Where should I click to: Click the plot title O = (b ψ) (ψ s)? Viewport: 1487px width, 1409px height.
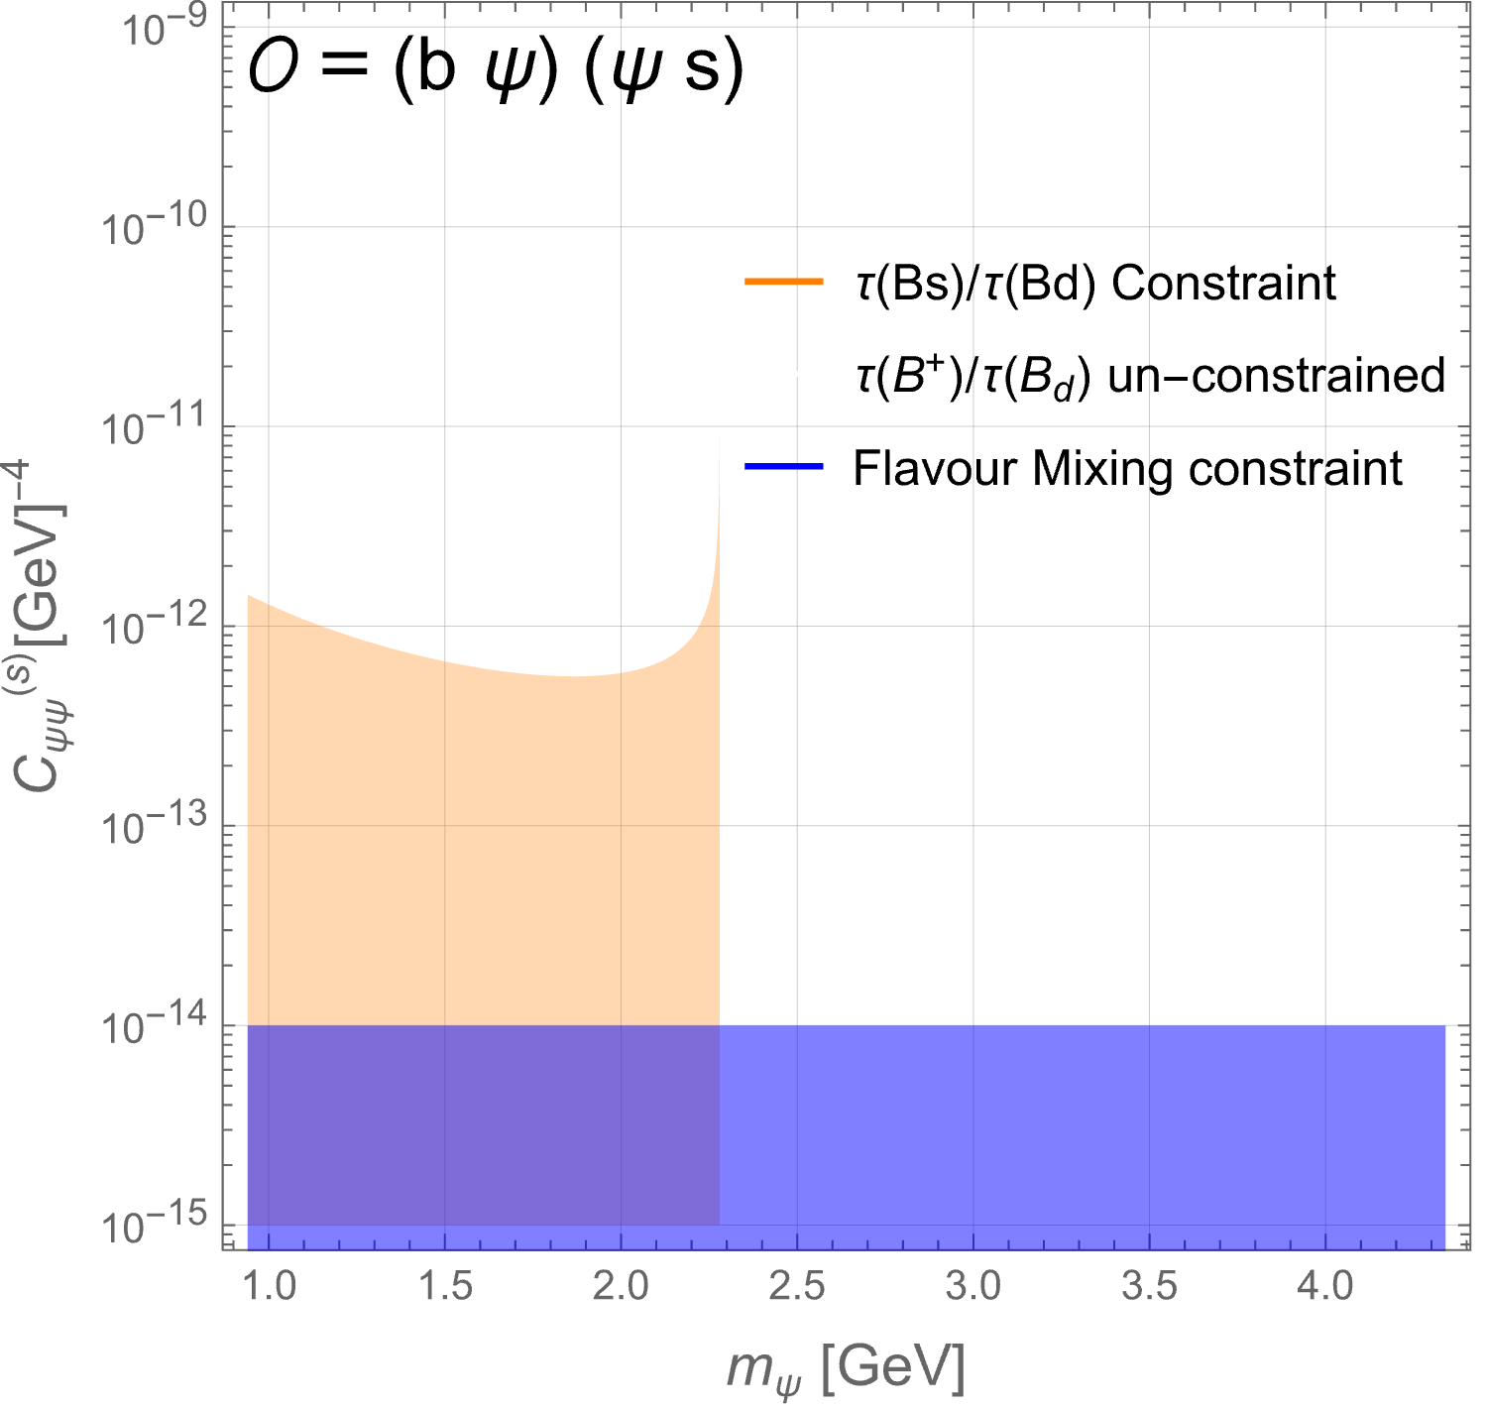pos(497,68)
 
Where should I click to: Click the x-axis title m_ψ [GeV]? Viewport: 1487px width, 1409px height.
pos(846,1369)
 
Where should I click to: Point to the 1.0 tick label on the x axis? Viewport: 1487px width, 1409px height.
pos(270,1286)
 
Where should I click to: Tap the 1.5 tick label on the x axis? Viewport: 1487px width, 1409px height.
pos(445,1286)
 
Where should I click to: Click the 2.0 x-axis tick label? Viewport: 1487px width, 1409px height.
pos(621,1286)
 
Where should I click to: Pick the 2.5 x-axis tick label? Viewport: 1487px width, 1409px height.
pos(797,1286)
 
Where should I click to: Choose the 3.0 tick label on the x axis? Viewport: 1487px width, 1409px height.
pos(974,1286)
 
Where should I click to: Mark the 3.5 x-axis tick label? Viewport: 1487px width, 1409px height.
pos(1150,1286)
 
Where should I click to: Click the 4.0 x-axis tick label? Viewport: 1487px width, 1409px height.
pos(1325,1286)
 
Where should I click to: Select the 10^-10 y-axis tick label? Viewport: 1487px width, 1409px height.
pos(155,226)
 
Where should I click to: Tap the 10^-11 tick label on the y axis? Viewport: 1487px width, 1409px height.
pos(155,426)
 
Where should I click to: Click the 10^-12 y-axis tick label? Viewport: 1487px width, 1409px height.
pos(155,626)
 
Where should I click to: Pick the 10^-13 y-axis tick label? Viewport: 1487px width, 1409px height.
pos(155,826)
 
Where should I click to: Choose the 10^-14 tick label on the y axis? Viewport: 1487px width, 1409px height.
pos(155,1025)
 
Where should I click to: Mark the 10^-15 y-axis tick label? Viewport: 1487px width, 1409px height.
pos(155,1226)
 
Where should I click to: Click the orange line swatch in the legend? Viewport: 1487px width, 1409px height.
pos(783,282)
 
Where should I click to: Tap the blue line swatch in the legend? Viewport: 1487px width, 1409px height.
pos(783,466)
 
